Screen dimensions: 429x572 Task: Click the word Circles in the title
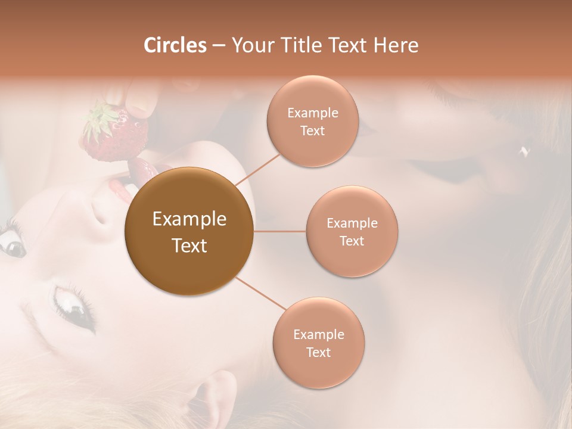pos(175,45)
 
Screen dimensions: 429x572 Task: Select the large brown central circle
pos(189,231)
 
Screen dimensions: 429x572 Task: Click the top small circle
pos(312,122)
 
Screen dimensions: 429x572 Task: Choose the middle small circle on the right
pos(352,231)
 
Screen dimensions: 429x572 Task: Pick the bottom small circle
pos(318,343)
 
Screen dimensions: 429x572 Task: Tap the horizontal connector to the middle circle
pos(280,231)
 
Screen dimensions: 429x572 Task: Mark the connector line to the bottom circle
pos(261,294)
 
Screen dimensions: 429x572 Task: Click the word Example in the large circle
pos(189,219)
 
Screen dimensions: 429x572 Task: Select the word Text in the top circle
pos(312,130)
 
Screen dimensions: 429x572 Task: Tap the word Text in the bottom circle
pos(318,352)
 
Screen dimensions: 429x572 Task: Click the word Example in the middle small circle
pos(352,223)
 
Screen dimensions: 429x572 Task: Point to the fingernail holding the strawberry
pos(141,108)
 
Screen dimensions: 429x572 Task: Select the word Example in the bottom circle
pos(318,334)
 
